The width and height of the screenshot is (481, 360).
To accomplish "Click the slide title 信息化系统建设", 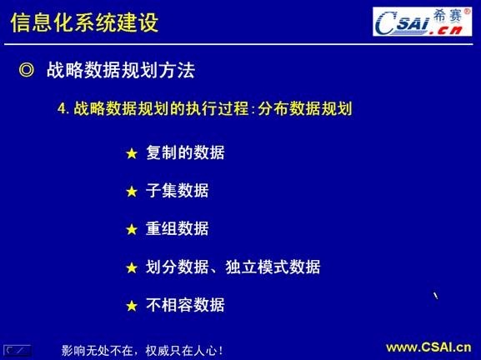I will (x=83, y=22).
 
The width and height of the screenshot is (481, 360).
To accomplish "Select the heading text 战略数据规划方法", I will (x=120, y=72).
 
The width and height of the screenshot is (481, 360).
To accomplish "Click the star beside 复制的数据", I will (x=130, y=154).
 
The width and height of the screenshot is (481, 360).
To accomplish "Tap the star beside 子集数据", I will (x=130, y=192).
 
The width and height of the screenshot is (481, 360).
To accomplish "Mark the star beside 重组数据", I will (x=130, y=230).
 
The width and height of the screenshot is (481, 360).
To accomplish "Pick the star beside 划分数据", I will (x=130, y=268).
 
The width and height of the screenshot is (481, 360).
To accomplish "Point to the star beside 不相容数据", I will (x=130, y=306).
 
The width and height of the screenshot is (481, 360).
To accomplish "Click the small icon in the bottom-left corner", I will (x=17, y=349).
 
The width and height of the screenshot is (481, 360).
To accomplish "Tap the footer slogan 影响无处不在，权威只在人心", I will (x=143, y=350).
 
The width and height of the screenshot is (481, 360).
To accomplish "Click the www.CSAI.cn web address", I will (x=428, y=347).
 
